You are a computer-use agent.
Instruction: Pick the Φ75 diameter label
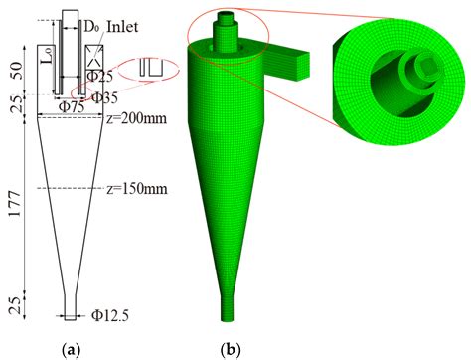pyautogui.click(x=73, y=106)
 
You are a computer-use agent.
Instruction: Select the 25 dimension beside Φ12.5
pyautogui.click(x=14, y=305)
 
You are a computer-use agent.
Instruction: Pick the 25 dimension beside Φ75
pyautogui.click(x=14, y=103)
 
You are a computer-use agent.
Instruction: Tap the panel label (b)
pyautogui.click(x=230, y=348)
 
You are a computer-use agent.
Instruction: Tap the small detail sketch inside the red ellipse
pyautogui.click(x=151, y=67)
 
